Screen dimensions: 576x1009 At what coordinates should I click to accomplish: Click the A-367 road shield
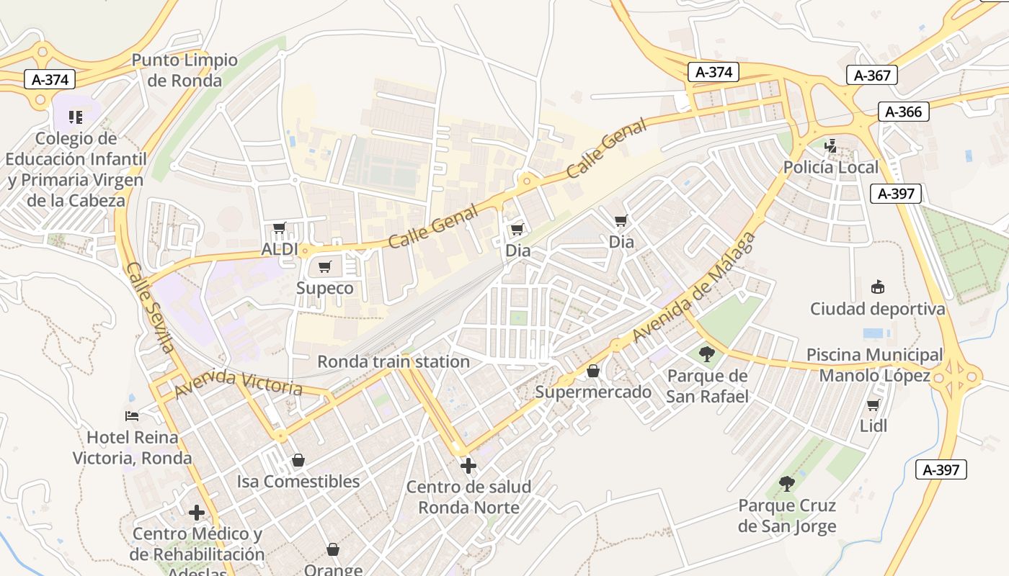pyautogui.click(x=872, y=75)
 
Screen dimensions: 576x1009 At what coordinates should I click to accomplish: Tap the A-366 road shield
pyautogui.click(x=903, y=112)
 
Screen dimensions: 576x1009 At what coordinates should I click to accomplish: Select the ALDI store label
pyautogui.click(x=280, y=250)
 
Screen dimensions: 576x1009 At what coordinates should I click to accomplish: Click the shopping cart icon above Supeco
pyautogui.click(x=325, y=267)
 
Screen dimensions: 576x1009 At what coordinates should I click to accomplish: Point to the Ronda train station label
pyautogui.click(x=394, y=361)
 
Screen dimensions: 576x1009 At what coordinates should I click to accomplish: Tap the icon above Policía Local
pyautogui.click(x=831, y=146)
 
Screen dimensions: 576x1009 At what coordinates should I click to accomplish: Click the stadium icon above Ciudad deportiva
pyautogui.click(x=877, y=287)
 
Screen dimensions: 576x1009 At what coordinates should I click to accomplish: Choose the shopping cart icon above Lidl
pyautogui.click(x=874, y=405)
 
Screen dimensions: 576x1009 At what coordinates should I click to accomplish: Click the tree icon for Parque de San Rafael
pyautogui.click(x=706, y=354)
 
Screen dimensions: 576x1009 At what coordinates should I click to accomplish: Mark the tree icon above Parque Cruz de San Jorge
pyautogui.click(x=786, y=483)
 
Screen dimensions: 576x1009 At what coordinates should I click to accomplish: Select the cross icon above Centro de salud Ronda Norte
pyautogui.click(x=468, y=466)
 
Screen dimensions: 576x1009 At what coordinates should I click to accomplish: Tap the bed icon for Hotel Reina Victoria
pyautogui.click(x=132, y=415)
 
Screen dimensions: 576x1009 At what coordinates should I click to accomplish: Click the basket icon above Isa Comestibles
pyautogui.click(x=298, y=460)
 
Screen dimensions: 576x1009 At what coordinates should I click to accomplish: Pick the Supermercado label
pyautogui.click(x=593, y=392)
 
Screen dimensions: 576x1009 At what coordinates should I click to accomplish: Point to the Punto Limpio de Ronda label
pyautogui.click(x=185, y=70)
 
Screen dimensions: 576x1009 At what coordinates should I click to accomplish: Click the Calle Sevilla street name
pyautogui.click(x=150, y=307)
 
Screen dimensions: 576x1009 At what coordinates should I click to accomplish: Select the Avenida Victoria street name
pyautogui.click(x=238, y=383)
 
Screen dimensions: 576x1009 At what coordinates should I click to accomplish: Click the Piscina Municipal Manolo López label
pyautogui.click(x=874, y=365)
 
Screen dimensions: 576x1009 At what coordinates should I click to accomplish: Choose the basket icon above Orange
pyautogui.click(x=333, y=549)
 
